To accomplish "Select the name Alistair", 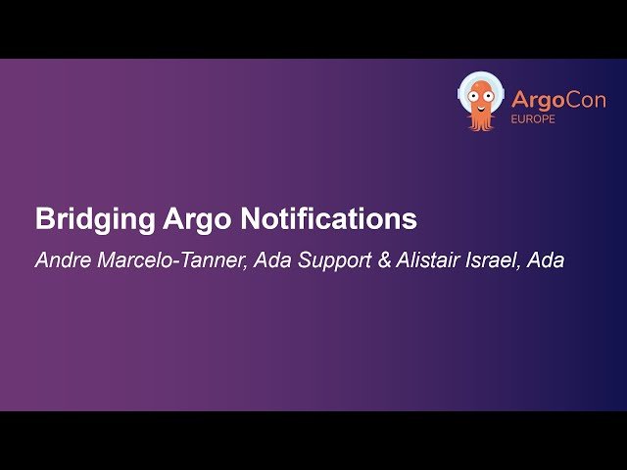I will (x=429, y=261).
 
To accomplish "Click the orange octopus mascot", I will (x=481, y=102).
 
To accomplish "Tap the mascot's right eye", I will (x=489, y=94).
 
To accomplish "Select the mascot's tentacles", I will (x=481, y=121).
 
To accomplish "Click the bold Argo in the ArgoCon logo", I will (x=536, y=100).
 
